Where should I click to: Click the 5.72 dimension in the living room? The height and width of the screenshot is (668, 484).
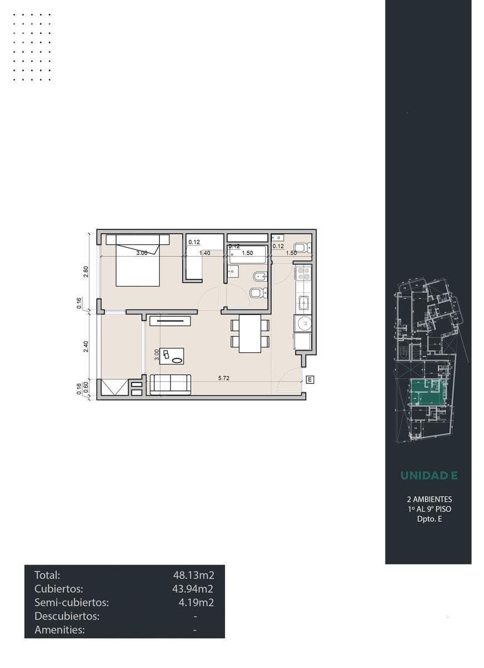click(x=224, y=378)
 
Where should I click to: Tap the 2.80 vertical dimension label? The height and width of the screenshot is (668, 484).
click(x=86, y=272)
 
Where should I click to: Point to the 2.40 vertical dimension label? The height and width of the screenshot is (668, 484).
click(x=86, y=346)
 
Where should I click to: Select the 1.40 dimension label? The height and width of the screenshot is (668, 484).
click(x=205, y=253)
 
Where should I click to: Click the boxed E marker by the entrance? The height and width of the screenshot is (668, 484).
click(x=310, y=380)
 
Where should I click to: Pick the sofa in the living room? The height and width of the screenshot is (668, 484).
click(x=170, y=385)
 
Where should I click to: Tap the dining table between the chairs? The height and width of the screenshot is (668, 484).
click(x=250, y=333)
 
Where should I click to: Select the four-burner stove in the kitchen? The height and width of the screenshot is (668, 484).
click(x=303, y=273)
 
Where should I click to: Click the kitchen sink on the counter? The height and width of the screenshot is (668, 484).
click(x=304, y=303)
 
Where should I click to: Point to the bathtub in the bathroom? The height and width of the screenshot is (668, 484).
click(x=247, y=254)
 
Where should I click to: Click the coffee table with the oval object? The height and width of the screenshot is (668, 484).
click(x=172, y=356)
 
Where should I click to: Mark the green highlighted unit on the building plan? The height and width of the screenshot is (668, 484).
click(x=426, y=393)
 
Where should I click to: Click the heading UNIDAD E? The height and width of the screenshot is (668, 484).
click(x=429, y=475)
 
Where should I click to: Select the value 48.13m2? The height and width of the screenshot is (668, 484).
click(x=193, y=574)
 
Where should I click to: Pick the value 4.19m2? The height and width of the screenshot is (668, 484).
click(x=196, y=602)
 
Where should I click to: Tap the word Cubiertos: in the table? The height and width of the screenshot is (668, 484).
click(x=59, y=589)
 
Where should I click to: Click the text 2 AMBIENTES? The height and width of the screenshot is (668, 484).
click(x=429, y=499)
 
